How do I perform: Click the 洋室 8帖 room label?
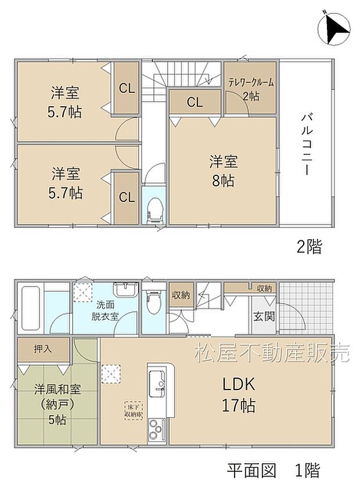coord(223,171)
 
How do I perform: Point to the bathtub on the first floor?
coord(30,308)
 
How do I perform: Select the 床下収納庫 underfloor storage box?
coord(132,411)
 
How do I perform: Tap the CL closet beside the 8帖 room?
coord(195,103)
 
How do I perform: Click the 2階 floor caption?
coord(309,247)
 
